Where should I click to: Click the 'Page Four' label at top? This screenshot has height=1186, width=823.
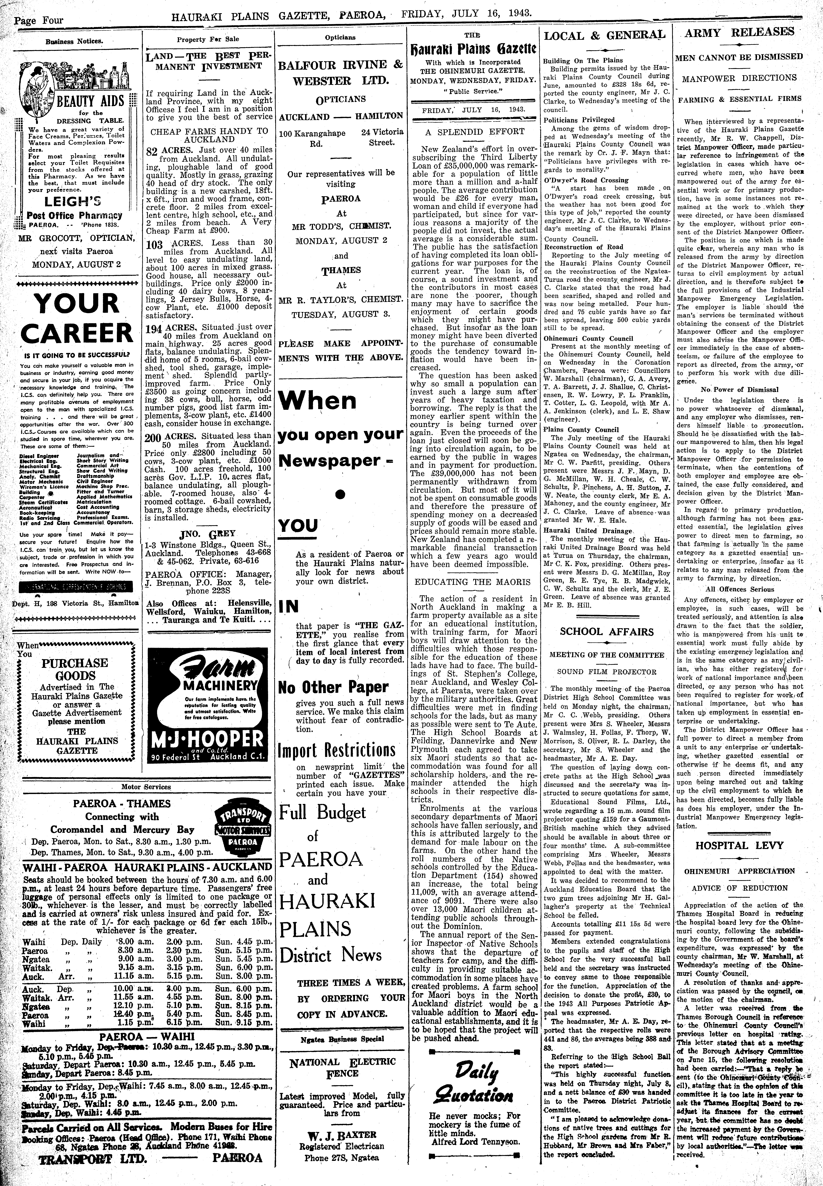pyautogui.click(x=39, y=21)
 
